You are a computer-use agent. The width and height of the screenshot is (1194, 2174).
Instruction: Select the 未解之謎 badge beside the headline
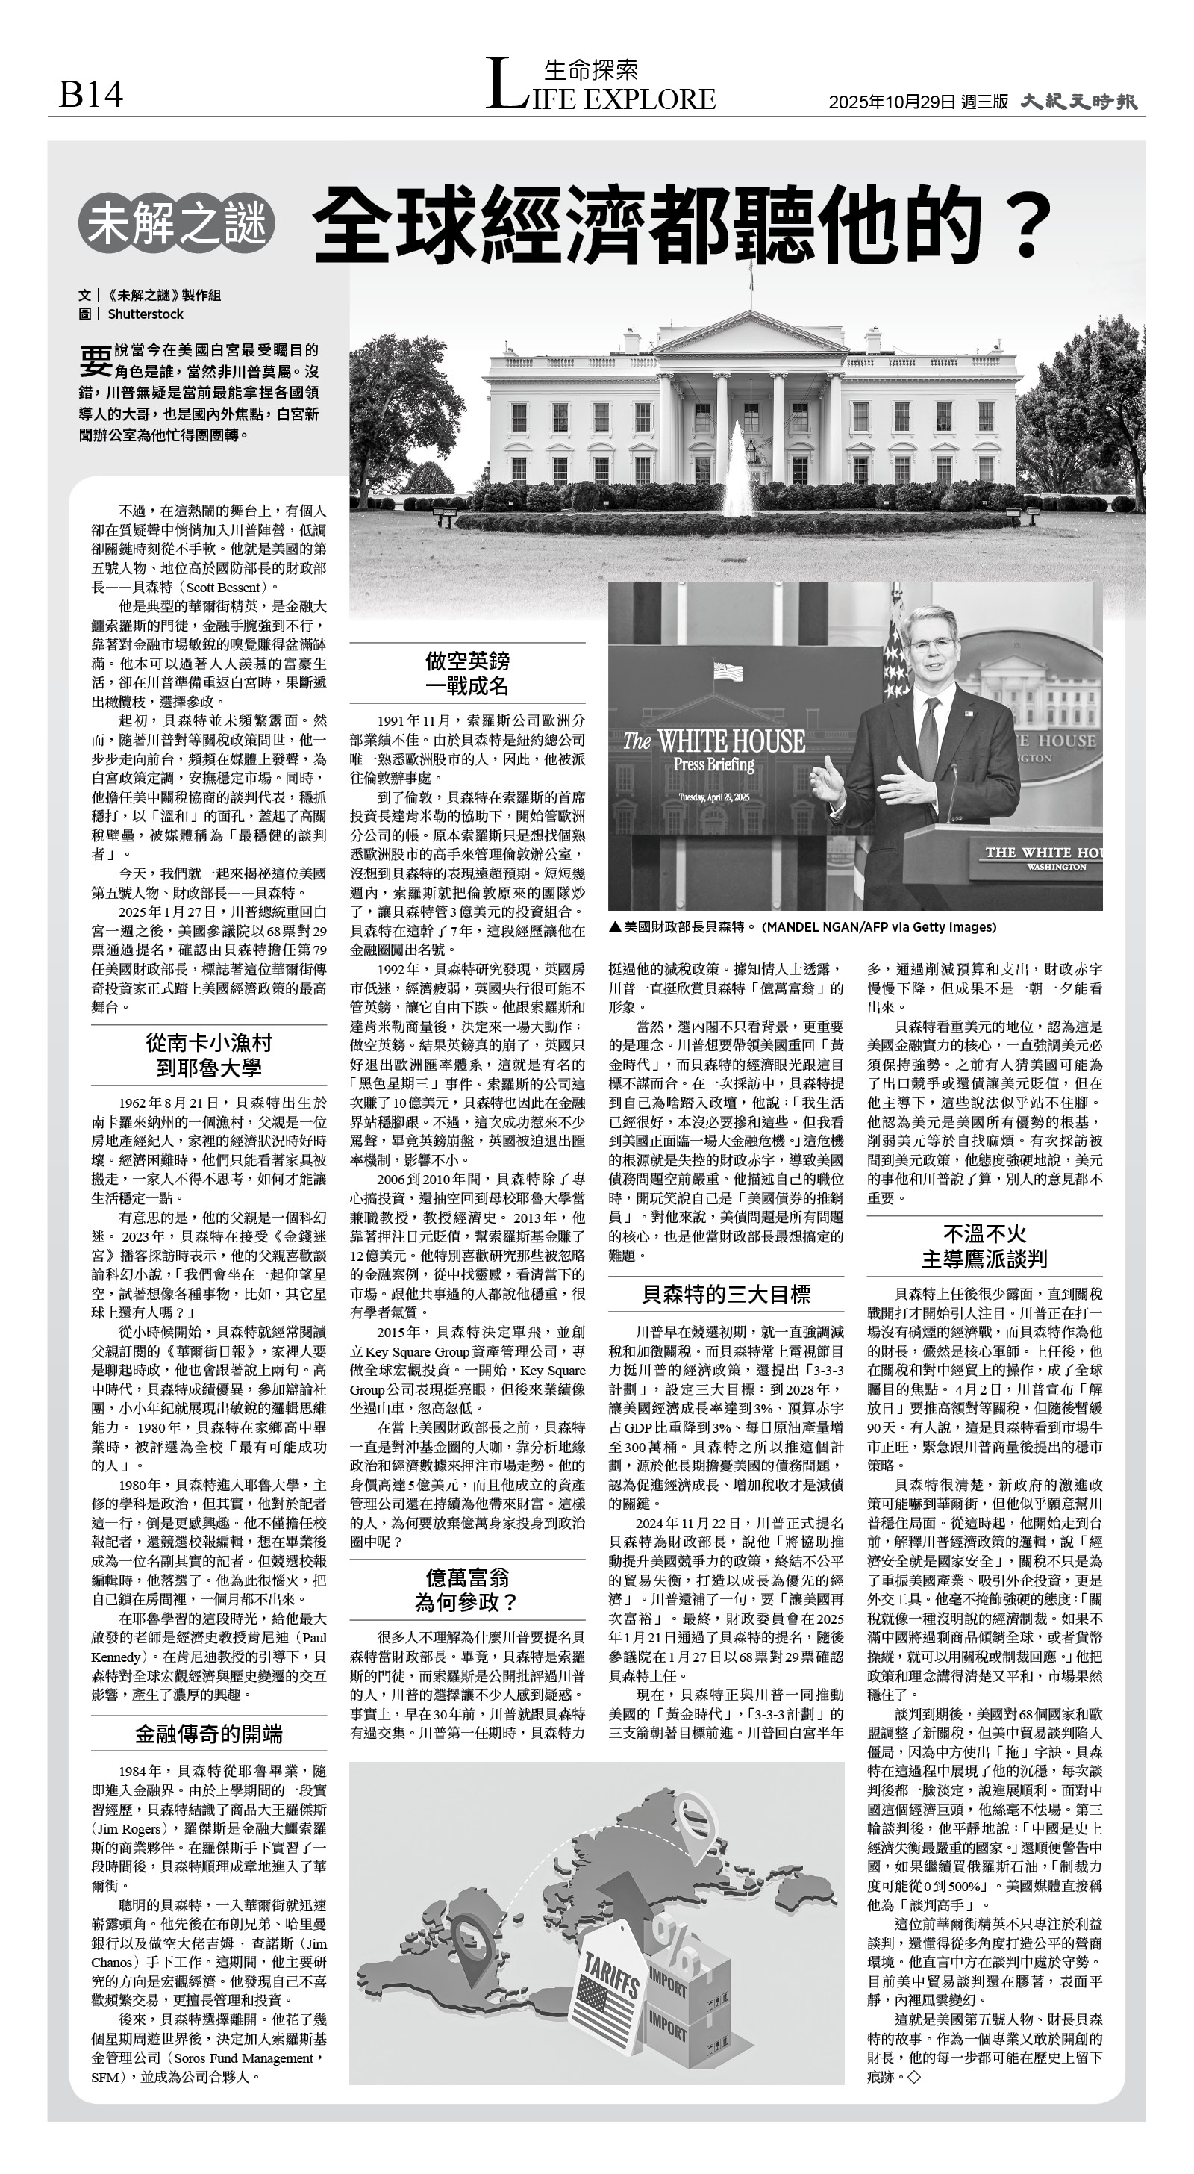point(176,224)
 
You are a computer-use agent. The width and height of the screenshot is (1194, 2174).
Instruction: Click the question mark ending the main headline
point(1027,226)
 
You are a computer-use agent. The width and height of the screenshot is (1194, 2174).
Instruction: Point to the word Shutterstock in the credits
point(145,314)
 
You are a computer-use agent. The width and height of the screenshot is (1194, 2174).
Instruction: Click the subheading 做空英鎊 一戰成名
point(466,673)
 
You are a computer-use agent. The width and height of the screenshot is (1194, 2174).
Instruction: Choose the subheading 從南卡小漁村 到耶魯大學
point(208,1055)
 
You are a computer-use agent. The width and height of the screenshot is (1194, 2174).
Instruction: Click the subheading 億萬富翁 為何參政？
point(466,1589)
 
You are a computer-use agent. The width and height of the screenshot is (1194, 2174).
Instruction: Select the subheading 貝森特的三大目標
point(725,1294)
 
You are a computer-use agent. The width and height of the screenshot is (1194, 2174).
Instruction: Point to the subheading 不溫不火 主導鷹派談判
point(984,1246)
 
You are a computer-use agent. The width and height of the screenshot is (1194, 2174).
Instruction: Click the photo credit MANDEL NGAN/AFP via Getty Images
point(878,926)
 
